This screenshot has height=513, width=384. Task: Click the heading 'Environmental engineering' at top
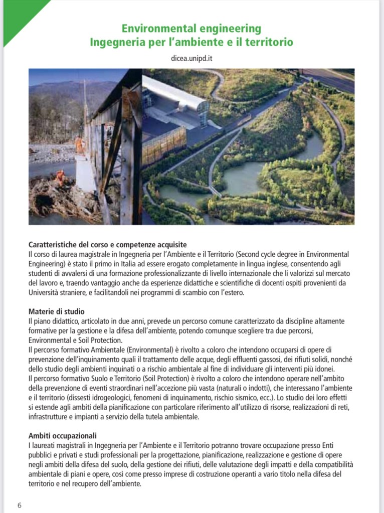point(191,29)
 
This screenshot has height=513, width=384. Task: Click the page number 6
point(20,504)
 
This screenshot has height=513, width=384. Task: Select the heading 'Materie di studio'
point(56,311)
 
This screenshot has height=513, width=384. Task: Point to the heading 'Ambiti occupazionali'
point(63,435)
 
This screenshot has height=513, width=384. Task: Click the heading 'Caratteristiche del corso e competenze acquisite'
point(108,245)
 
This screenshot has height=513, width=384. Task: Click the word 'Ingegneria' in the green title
point(115,43)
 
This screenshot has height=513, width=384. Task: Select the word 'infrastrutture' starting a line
point(48,416)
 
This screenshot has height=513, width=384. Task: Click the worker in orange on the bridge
point(79,145)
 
